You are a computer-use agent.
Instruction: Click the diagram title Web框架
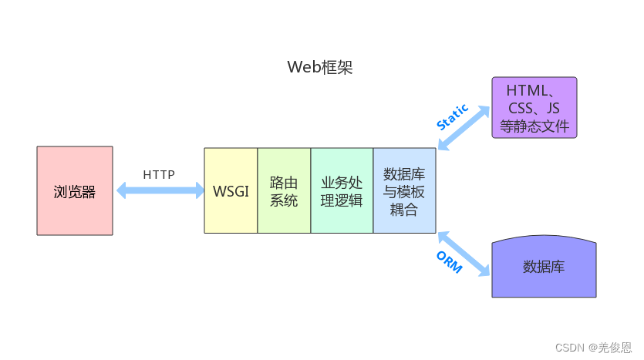pyautogui.click(x=320, y=67)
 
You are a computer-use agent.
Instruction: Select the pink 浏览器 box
pyautogui.click(x=75, y=190)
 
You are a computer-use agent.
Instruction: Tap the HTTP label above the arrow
pyautogui.click(x=159, y=174)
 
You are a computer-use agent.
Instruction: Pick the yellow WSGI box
pyautogui.click(x=231, y=190)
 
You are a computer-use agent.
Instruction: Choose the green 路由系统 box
pyautogui.click(x=284, y=190)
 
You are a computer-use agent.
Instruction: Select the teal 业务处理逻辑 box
pyautogui.click(x=342, y=190)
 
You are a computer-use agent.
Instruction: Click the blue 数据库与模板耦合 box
pyautogui.click(x=404, y=190)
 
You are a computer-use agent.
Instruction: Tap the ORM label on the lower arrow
pyautogui.click(x=449, y=262)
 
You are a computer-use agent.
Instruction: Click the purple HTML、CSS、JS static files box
pyautogui.click(x=534, y=108)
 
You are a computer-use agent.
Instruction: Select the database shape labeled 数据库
pyautogui.click(x=544, y=267)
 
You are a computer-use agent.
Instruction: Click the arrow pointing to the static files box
pyautogui.click(x=465, y=127)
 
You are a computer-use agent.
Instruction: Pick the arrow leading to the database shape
pyautogui.click(x=465, y=252)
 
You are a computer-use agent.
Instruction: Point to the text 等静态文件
pyautogui.click(x=534, y=126)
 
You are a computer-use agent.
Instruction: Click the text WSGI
pyautogui.click(x=231, y=191)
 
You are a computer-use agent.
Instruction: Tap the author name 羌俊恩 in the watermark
pyautogui.click(x=616, y=348)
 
